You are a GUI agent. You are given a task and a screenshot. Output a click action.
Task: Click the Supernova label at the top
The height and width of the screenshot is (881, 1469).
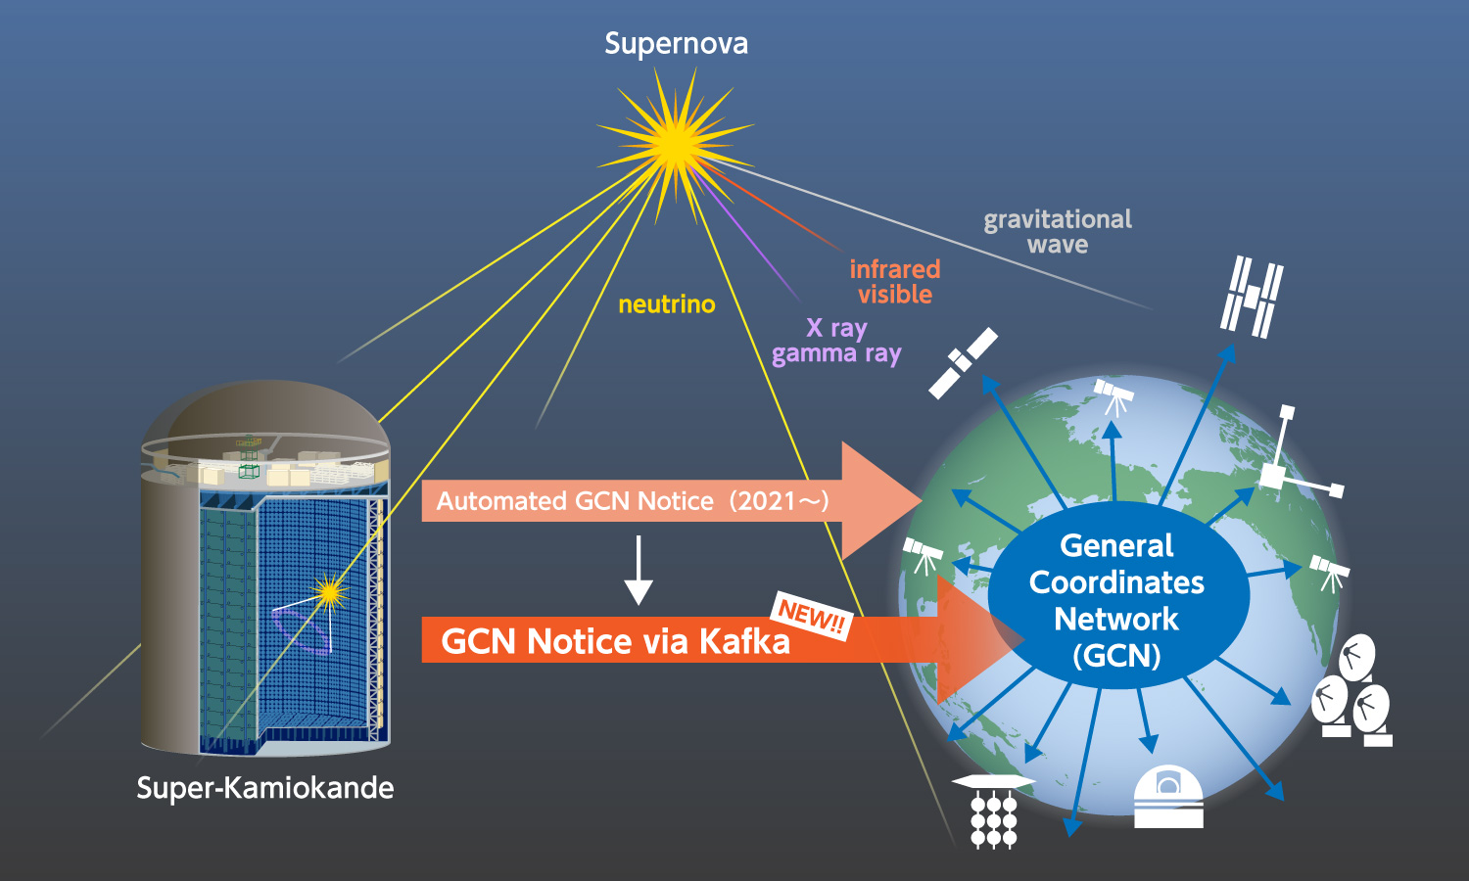pos(676,44)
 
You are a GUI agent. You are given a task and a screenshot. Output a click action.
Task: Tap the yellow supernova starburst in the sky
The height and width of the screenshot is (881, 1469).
pos(675,143)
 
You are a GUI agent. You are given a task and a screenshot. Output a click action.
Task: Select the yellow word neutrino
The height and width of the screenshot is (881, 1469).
pos(666,304)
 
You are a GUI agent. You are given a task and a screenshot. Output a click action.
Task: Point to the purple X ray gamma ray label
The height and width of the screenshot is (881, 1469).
pos(836,341)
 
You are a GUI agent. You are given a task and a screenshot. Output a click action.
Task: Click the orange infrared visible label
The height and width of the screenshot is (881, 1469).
pos(894,282)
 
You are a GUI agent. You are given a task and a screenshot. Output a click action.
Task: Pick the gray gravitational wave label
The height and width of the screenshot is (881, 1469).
pos(1058,232)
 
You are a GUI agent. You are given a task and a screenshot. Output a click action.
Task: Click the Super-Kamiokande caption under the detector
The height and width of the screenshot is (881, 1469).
pos(264,788)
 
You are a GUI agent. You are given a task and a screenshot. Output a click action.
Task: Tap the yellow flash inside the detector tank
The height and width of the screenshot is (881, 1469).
pos(329,591)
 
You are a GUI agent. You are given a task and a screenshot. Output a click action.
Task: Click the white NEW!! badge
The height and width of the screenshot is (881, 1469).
pos(812,616)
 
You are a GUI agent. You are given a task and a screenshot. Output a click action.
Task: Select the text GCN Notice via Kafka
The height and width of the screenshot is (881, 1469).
pos(615,641)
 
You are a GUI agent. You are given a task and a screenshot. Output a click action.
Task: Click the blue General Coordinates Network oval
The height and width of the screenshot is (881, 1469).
pos(1117,599)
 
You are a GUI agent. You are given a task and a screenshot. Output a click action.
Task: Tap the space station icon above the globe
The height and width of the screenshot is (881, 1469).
pos(1252,296)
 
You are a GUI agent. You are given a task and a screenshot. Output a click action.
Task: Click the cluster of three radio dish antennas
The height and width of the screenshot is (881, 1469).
pos(1352,689)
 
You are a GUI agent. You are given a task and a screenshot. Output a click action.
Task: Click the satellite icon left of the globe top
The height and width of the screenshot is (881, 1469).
pos(963,363)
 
